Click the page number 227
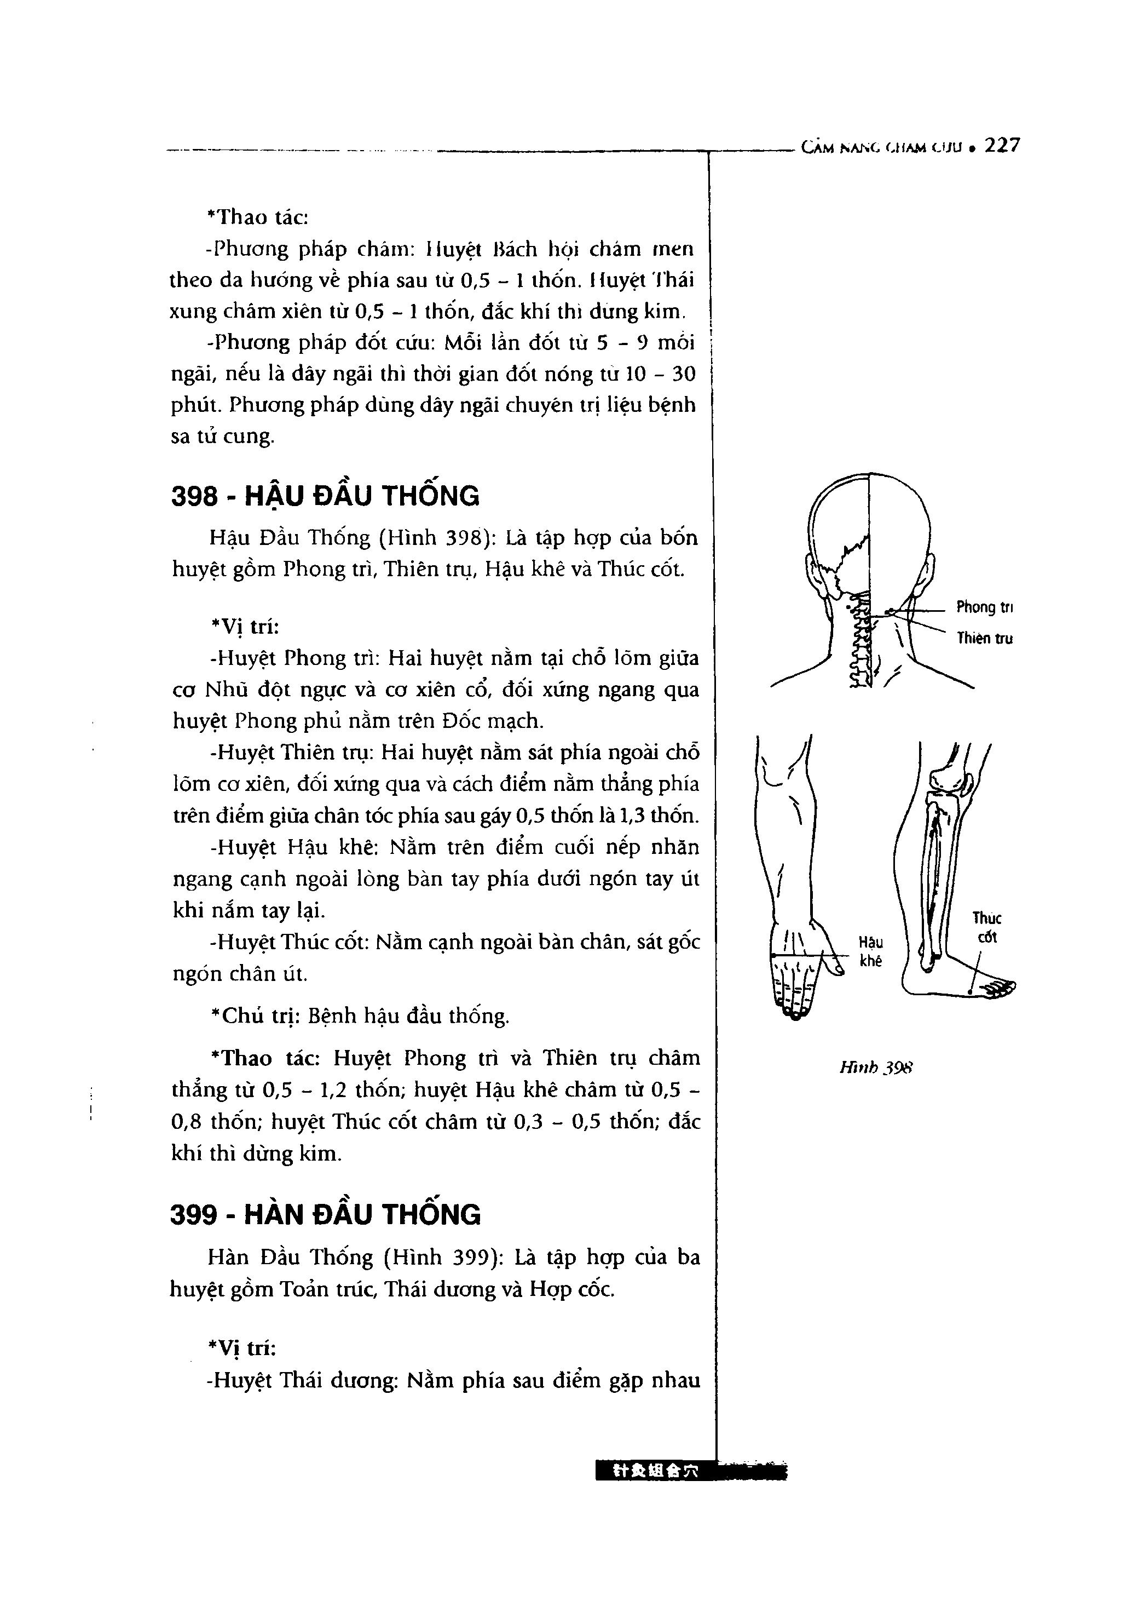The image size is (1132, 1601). click(x=1002, y=146)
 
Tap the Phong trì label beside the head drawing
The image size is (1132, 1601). click(x=984, y=607)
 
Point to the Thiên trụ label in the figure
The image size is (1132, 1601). click(x=984, y=638)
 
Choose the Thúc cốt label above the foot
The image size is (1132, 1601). click(x=987, y=927)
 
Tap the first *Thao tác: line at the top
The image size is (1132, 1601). click(x=258, y=217)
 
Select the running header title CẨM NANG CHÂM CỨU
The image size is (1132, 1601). click(x=881, y=147)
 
